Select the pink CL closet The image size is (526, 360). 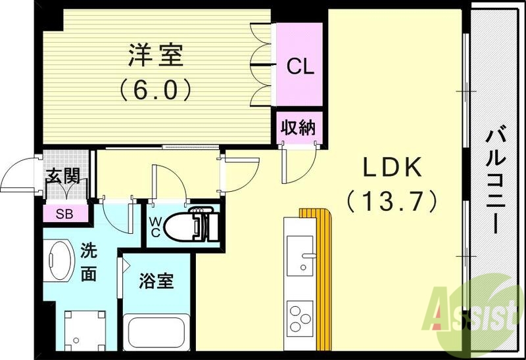coord(300,66)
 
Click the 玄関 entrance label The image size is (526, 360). coord(63,176)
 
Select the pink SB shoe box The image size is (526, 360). coord(63,213)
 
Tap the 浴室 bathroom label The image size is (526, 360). coord(156,281)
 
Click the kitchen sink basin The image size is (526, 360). coord(302,259)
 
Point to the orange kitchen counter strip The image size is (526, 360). coord(325,276)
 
